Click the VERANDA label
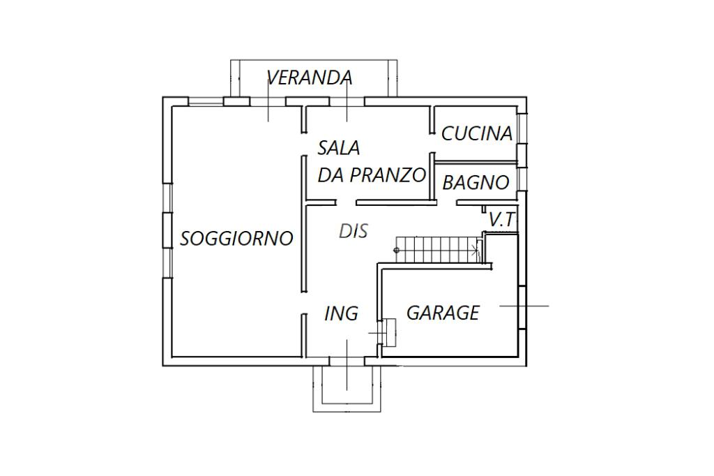point(309,77)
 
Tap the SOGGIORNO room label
point(236,239)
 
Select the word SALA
point(339,148)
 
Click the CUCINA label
point(477,133)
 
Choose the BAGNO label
point(476,182)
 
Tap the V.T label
point(501,220)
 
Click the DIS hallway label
point(354,231)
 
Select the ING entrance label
point(342,313)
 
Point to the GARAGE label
point(443,313)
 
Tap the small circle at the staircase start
point(396,250)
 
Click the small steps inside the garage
point(388,333)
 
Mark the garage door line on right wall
point(522,306)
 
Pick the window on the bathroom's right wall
point(522,178)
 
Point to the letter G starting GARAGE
point(413,313)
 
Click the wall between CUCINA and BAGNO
point(476,162)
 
